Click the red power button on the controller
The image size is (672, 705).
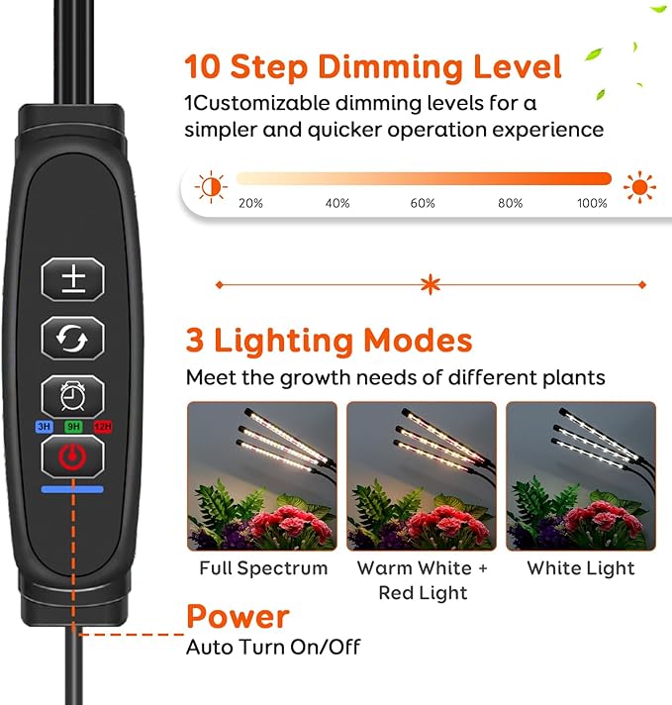[x=72, y=456]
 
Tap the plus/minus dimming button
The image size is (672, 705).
[x=72, y=278]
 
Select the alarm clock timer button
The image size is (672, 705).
[x=72, y=396]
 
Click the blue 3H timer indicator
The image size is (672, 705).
[x=44, y=427]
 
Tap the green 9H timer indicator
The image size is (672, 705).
[x=72, y=427]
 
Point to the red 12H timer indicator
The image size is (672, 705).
[x=102, y=427]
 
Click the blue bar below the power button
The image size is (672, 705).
[x=72, y=487]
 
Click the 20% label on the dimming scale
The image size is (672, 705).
[x=250, y=203]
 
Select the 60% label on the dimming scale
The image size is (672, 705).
[x=423, y=203]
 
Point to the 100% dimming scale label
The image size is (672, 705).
[x=592, y=203]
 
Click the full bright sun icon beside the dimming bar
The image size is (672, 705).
[x=639, y=185]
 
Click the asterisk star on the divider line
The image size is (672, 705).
[x=430, y=285]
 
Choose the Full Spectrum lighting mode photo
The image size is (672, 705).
[x=262, y=475]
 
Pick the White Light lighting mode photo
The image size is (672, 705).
[x=581, y=475]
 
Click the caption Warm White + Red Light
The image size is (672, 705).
[x=423, y=580]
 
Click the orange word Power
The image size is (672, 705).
[x=238, y=617]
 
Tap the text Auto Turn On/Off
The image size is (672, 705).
[x=273, y=648]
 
